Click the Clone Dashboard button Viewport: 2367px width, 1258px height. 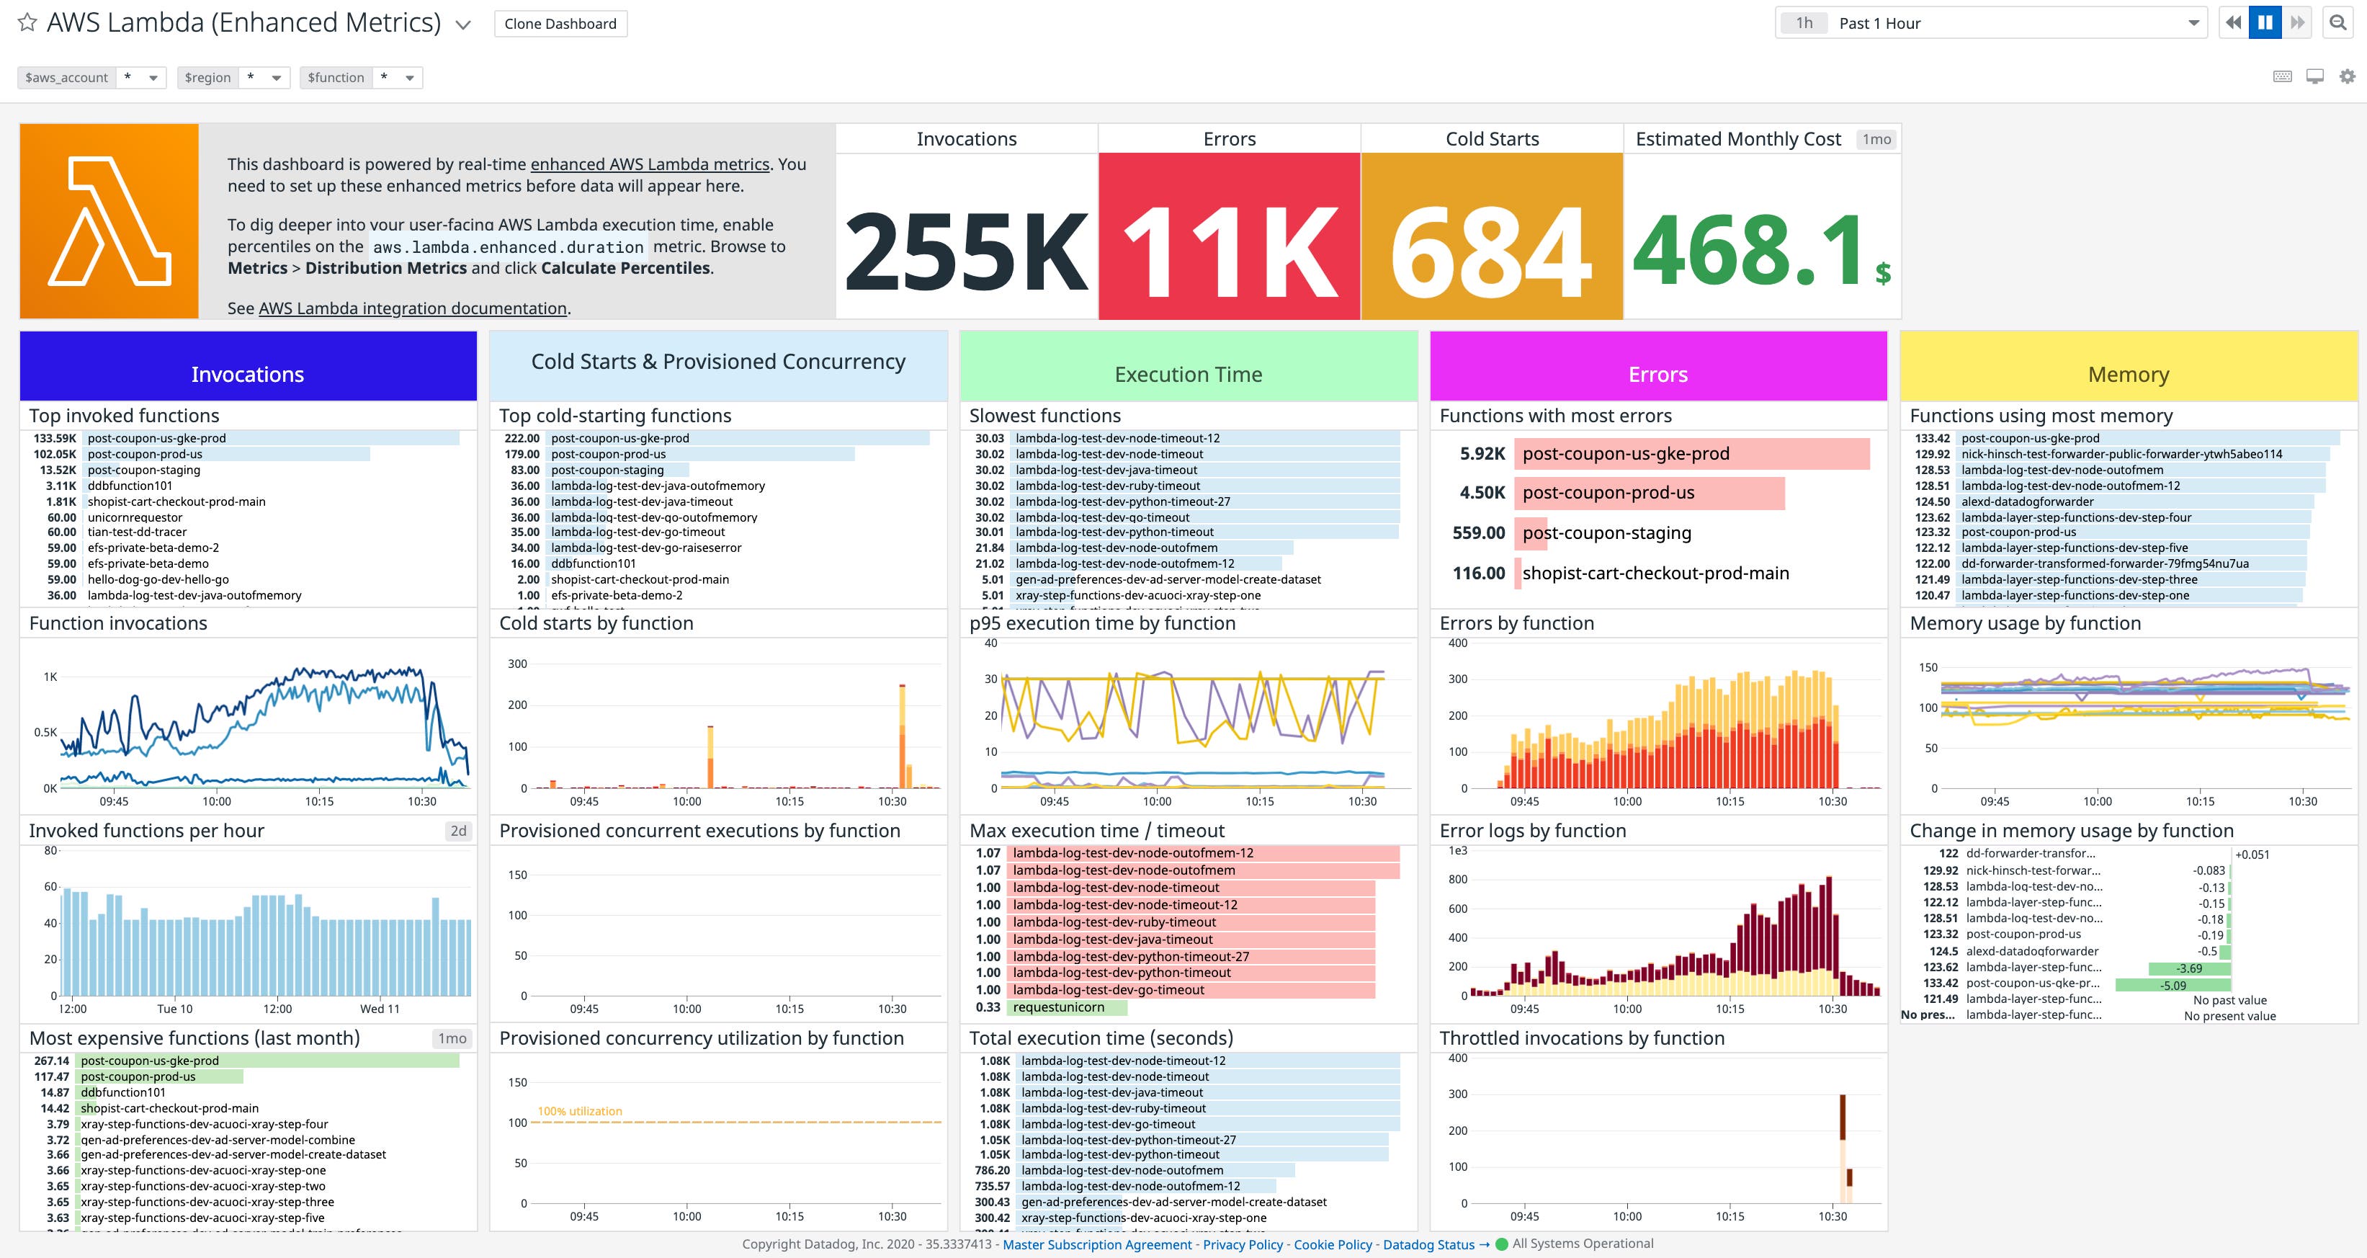click(x=560, y=24)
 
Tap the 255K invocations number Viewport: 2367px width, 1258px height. click(x=966, y=251)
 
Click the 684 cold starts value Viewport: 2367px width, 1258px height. click(x=1490, y=251)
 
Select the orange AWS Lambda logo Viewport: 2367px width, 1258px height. click(x=109, y=221)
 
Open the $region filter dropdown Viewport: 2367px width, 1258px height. click(x=274, y=78)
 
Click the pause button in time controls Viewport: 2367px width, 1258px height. click(x=2265, y=23)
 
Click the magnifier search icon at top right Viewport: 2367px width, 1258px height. click(x=2338, y=23)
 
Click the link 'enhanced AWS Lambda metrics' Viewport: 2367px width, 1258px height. click(x=650, y=164)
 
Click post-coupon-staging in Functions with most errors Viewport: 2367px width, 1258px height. click(x=1606, y=533)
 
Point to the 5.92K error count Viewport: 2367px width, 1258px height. click(x=1481, y=453)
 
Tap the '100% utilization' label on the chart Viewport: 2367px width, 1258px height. click(x=580, y=1111)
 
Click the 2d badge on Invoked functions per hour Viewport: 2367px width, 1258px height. click(x=457, y=831)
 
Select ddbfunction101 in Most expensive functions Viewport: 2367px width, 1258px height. click(x=123, y=1092)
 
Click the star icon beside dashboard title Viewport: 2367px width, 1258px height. click(x=27, y=23)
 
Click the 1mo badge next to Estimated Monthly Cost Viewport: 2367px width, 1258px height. click(x=1876, y=140)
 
